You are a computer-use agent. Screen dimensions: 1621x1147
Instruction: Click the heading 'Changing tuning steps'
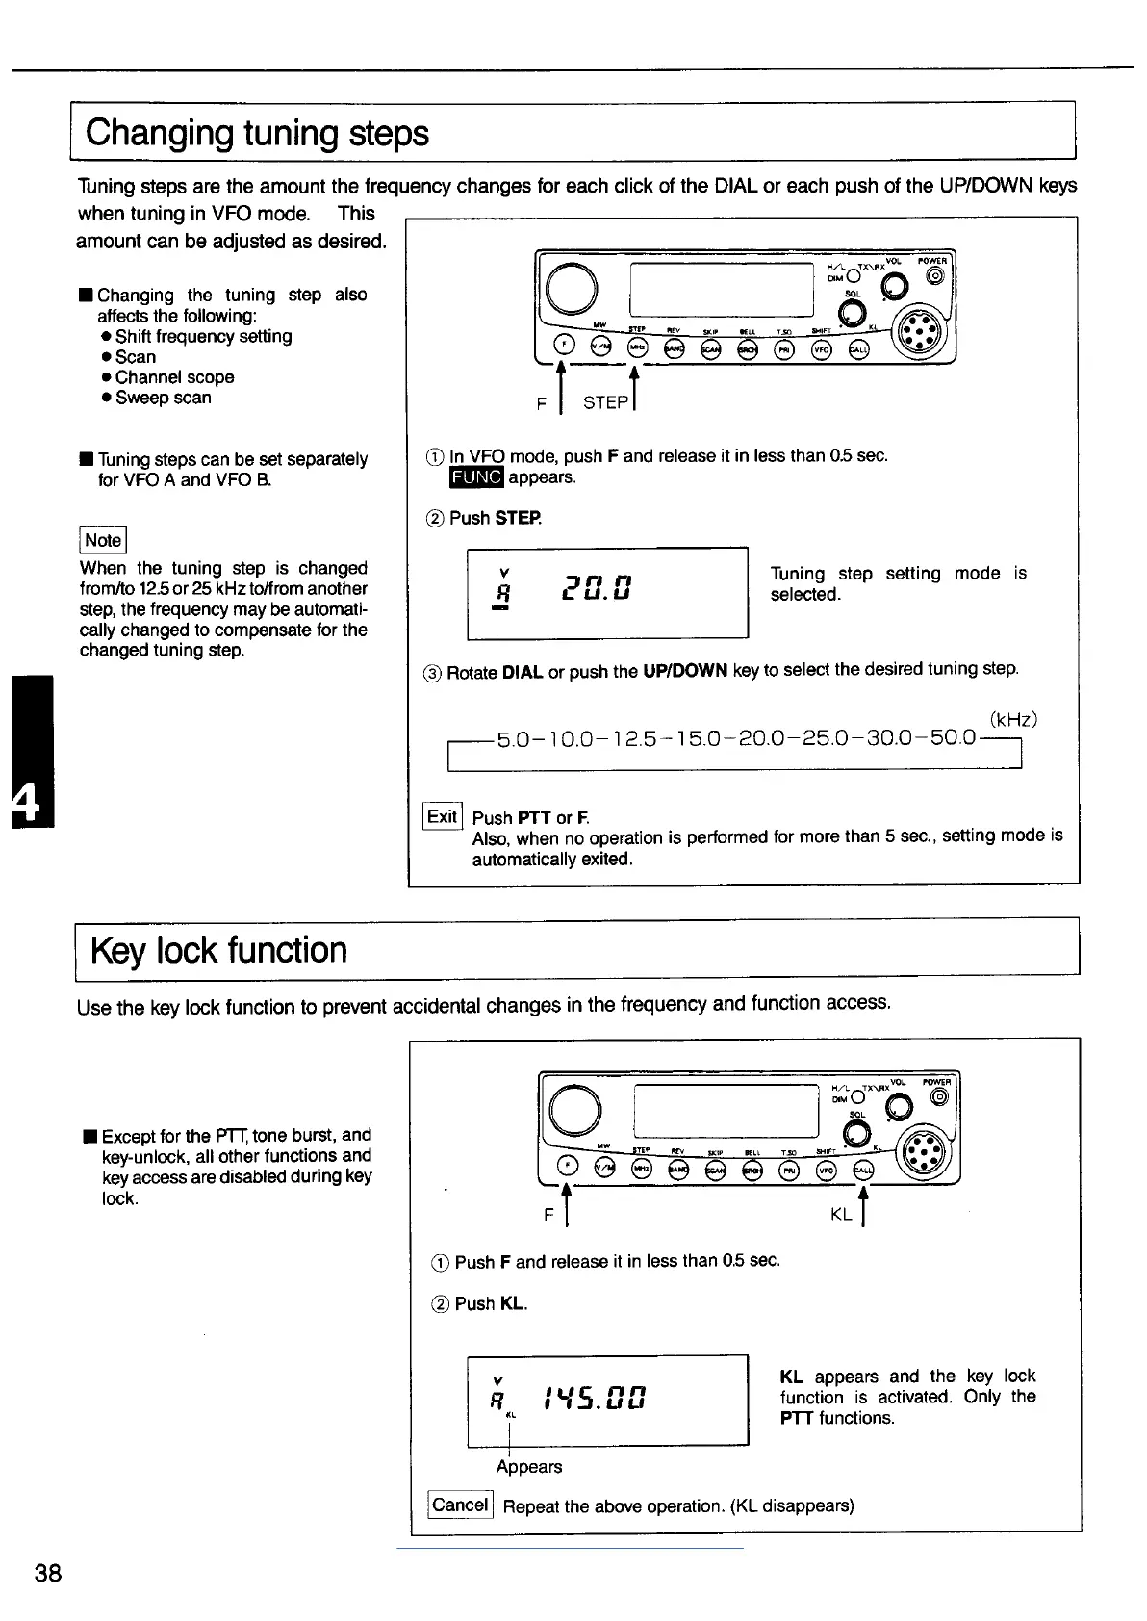(257, 133)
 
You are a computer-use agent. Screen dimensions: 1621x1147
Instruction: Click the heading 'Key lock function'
(218, 951)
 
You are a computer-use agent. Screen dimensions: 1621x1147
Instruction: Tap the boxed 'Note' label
(103, 540)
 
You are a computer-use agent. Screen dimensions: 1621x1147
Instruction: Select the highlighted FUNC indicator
(476, 477)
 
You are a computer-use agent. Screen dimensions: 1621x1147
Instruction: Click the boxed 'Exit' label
(443, 817)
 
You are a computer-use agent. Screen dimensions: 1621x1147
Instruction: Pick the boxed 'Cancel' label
(460, 1505)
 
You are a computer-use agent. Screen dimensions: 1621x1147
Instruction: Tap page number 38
(48, 1573)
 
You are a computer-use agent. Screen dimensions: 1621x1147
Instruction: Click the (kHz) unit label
(1013, 720)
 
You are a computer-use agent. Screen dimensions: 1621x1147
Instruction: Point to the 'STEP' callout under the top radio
(605, 403)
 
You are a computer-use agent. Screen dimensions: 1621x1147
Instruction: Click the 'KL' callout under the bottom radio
(841, 1215)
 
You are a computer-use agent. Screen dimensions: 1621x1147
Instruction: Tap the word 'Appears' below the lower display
(529, 1466)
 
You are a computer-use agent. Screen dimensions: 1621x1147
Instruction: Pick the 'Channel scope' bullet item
(174, 377)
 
